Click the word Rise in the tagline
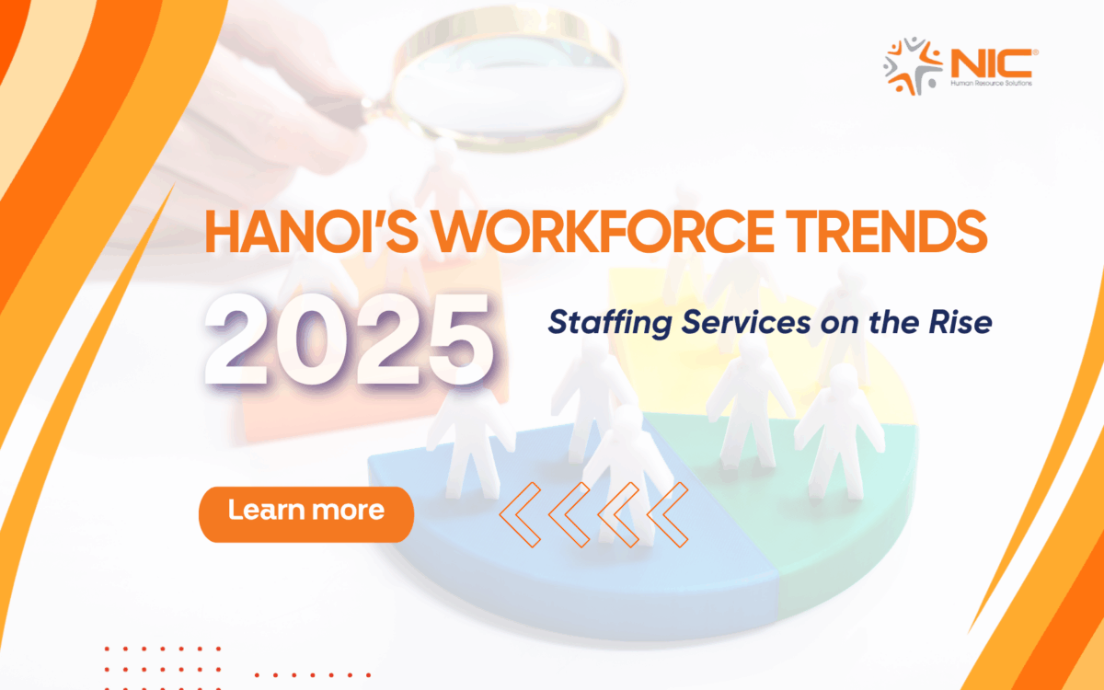click(x=966, y=323)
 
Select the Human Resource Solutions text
click(x=992, y=84)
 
